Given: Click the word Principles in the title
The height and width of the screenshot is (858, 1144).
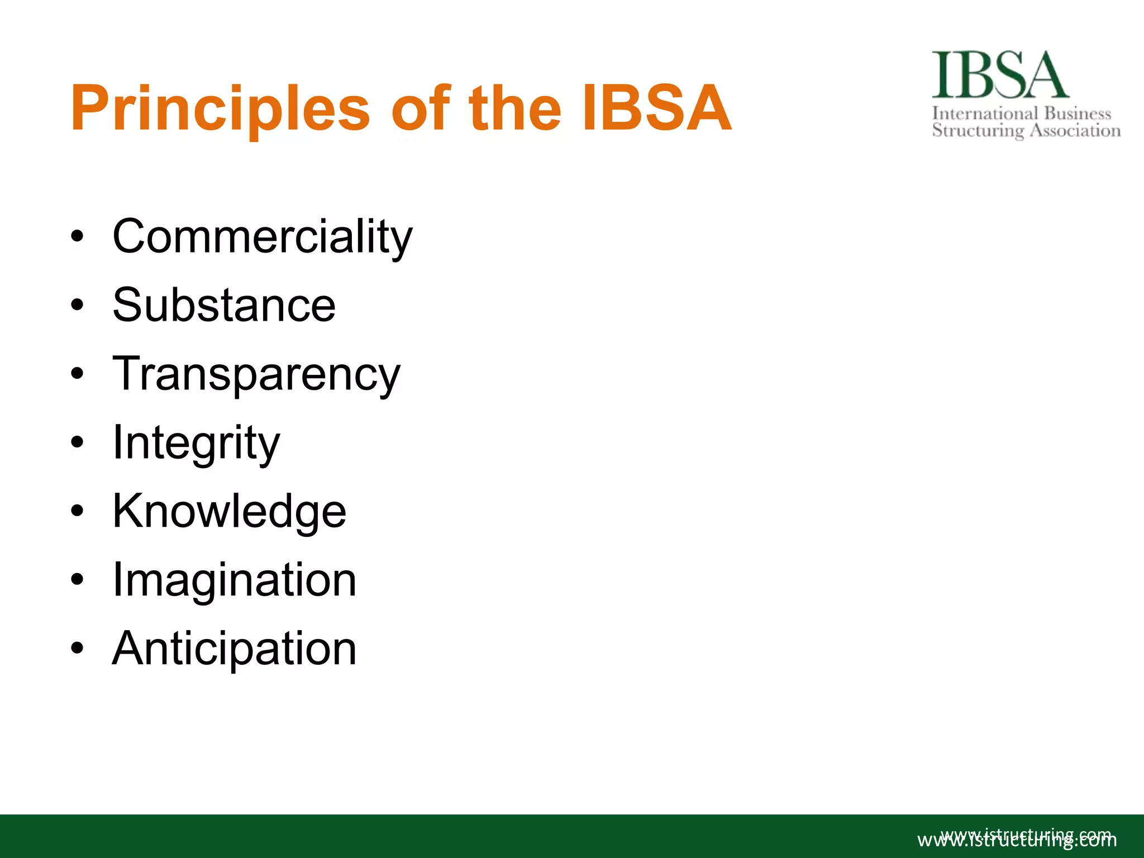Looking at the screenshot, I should pyautogui.click(x=220, y=109).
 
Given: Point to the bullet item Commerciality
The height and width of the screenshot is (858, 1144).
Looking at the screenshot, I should pyautogui.click(x=262, y=237).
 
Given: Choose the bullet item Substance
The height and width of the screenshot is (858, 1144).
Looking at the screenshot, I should pyautogui.click(x=224, y=305).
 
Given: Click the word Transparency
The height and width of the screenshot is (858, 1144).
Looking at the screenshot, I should pyautogui.click(x=256, y=374).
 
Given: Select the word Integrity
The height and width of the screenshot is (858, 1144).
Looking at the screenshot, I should pyautogui.click(x=196, y=443).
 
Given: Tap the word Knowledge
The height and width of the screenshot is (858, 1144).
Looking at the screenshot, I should pyautogui.click(x=229, y=512).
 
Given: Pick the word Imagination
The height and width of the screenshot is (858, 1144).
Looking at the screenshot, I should pyautogui.click(x=234, y=580).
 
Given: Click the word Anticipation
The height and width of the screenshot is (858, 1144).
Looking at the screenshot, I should pyautogui.click(x=234, y=649).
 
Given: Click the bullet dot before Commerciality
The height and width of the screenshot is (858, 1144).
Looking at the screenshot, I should pyautogui.click(x=77, y=236).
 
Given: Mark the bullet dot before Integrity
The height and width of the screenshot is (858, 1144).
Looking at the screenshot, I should pyautogui.click(x=77, y=442).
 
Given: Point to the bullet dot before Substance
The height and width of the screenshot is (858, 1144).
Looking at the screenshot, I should pyautogui.click(x=77, y=305).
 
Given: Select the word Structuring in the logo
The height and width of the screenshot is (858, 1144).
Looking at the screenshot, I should pyautogui.click(x=978, y=131).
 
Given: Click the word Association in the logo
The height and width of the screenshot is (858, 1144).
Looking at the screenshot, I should pyautogui.click(x=1075, y=131).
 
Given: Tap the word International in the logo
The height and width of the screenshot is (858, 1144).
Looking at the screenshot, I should pyautogui.click(x=985, y=113).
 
